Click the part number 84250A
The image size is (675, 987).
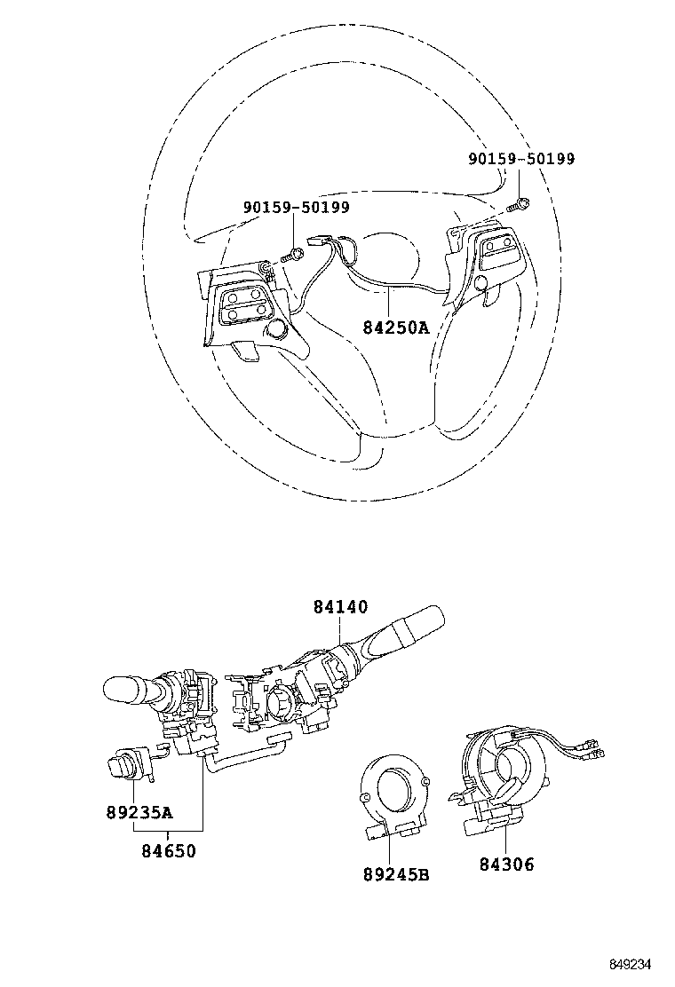(395, 327)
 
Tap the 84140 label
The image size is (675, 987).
(339, 608)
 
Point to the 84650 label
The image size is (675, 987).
(168, 850)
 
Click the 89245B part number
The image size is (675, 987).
(395, 874)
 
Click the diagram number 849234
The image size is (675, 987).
(636, 964)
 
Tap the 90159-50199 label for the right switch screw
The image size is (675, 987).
(521, 159)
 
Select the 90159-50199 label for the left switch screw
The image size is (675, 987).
(296, 207)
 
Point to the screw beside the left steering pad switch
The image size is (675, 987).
(294, 256)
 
